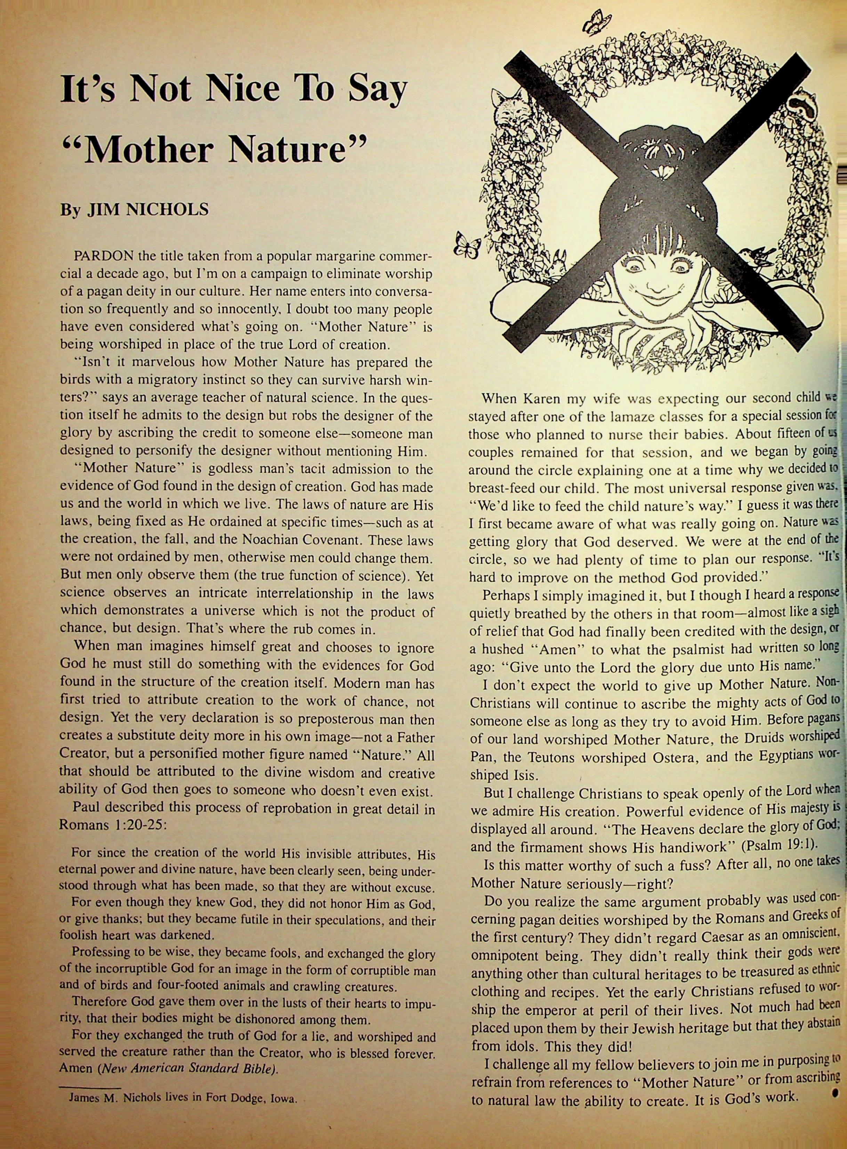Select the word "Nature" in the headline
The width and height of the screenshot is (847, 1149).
(x=296, y=150)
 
